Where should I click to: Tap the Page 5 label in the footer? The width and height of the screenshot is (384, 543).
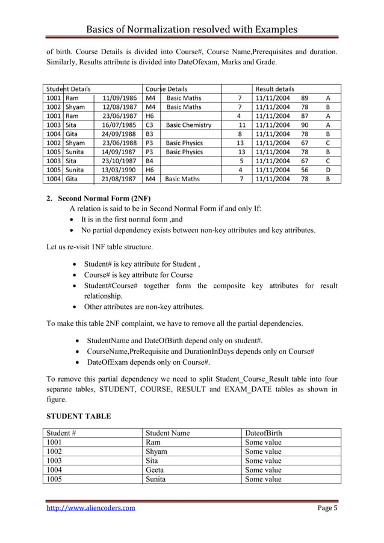point(327,508)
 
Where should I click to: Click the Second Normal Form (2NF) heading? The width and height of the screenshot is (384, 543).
point(104,198)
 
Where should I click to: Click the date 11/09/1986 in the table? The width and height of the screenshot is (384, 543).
point(120,98)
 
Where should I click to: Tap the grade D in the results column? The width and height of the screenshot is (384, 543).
point(327,170)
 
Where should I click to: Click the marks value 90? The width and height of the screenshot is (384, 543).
point(305,125)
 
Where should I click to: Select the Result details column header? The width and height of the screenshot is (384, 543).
point(275,88)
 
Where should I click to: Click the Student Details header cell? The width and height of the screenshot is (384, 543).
point(69,88)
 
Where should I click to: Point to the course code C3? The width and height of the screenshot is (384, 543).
point(150,125)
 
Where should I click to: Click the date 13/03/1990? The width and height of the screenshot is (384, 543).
point(120,170)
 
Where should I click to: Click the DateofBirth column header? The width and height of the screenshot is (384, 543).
point(264,433)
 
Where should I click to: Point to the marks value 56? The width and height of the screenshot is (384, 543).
point(305,170)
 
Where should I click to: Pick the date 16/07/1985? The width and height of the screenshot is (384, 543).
point(120,125)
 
